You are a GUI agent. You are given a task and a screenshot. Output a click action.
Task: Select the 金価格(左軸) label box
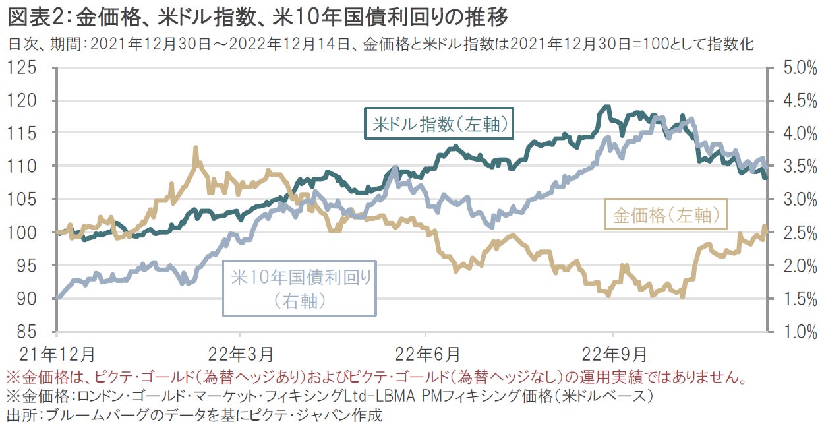(x=664, y=214)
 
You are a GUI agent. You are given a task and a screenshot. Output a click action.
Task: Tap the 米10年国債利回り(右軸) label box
(x=300, y=288)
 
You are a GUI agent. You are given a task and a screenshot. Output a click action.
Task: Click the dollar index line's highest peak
(x=606, y=106)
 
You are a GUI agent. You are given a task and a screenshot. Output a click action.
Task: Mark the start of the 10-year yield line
(x=58, y=298)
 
